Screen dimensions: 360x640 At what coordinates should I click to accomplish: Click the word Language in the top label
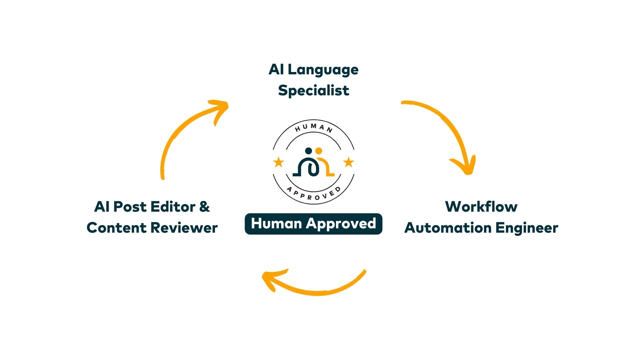[323, 70]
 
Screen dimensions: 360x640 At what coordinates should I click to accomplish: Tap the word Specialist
[313, 91]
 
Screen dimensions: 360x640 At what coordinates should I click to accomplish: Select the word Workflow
[481, 207]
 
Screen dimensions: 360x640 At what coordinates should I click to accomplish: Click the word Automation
[448, 228]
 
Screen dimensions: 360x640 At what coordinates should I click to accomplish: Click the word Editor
[173, 207]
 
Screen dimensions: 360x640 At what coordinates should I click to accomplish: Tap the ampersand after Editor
[205, 207]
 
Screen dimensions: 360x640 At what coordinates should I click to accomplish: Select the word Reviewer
[184, 228]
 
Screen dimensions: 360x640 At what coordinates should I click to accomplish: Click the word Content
[116, 228]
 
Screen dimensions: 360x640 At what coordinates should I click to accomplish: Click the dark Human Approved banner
[313, 224]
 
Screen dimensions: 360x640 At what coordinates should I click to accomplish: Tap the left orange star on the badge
[278, 162]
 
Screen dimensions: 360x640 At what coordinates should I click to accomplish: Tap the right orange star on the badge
[349, 162]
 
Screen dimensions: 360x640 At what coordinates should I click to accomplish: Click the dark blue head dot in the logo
[309, 151]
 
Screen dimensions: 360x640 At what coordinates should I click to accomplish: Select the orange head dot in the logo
[319, 151]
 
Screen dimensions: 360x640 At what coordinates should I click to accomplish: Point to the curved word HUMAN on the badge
[314, 127]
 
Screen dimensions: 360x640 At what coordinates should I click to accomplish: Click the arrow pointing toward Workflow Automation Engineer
[447, 130]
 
